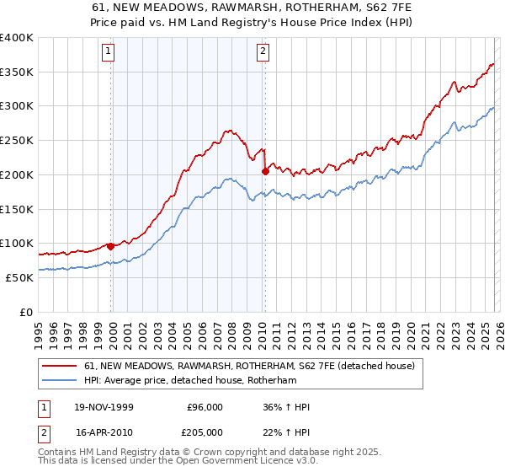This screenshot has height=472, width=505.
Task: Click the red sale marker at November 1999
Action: (111, 247)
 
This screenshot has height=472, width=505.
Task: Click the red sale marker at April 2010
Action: (265, 171)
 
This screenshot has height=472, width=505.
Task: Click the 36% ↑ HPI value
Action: (286, 407)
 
